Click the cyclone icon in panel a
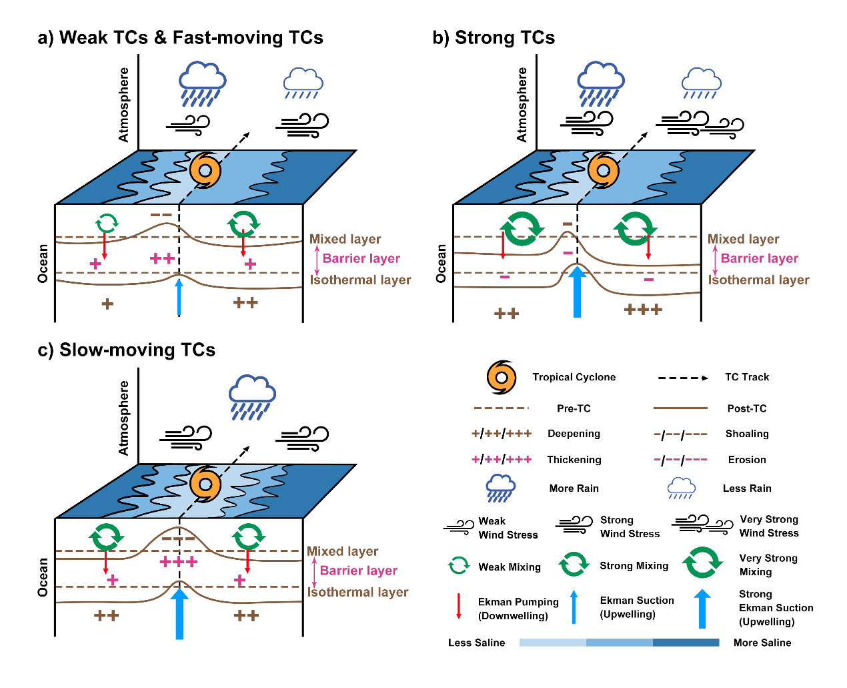[205, 170]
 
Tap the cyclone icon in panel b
[603, 170]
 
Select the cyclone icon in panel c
[205, 483]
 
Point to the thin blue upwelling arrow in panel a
[179, 297]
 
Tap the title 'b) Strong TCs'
[494, 37]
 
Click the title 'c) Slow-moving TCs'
[127, 350]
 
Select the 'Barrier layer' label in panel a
[361, 258]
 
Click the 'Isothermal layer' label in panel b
[759, 280]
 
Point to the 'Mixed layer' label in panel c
[342, 551]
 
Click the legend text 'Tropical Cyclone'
[574, 377]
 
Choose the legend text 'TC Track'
[747, 377]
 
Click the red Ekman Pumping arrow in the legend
[459, 606]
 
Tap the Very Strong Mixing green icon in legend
[702, 563]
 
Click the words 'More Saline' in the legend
[762, 643]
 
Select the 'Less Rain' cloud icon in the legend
[682, 488]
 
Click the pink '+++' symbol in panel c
[179, 562]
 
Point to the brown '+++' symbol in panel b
[643, 310]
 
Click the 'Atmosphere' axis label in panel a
[123, 104]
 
